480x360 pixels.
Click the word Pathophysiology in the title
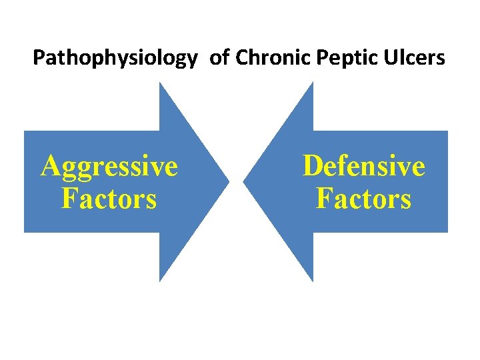[x=115, y=59]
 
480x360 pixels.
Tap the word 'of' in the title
[x=219, y=58]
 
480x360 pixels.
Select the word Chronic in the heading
[x=267, y=58]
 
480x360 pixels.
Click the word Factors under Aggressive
[x=109, y=198]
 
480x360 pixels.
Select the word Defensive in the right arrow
[x=363, y=165]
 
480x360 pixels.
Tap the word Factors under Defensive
[x=363, y=198]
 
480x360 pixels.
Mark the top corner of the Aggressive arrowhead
[x=161, y=83]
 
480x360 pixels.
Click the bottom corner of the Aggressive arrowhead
[x=161, y=279]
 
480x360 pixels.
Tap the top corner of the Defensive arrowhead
[x=312, y=83]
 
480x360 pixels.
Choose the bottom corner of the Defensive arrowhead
[x=312, y=279]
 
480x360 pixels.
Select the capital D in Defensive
[x=312, y=165]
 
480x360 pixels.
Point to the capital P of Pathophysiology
[x=39, y=58]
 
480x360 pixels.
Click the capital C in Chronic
[x=242, y=58]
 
